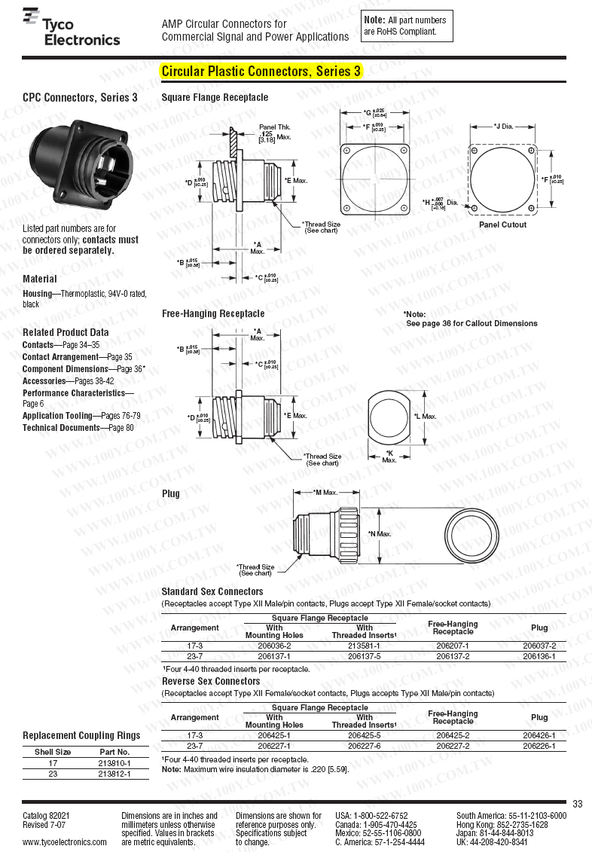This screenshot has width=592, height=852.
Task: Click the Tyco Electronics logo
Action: click(x=71, y=29)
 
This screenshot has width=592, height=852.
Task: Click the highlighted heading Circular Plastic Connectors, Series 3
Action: click(x=261, y=72)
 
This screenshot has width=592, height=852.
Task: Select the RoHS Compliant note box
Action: click(x=407, y=26)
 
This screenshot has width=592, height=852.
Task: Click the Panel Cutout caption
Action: click(x=502, y=224)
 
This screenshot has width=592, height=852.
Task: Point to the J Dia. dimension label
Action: click(x=503, y=126)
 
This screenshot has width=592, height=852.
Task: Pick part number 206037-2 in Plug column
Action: click(x=539, y=646)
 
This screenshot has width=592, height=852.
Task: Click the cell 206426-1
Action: click(x=539, y=735)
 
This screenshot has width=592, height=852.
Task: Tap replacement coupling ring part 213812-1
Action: click(x=114, y=774)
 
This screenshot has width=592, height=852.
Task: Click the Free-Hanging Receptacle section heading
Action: click(x=213, y=313)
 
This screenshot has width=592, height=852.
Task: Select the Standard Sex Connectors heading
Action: click(x=212, y=591)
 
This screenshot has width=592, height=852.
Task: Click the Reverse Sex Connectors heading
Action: click(x=211, y=681)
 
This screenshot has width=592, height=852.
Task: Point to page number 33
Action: click(x=578, y=804)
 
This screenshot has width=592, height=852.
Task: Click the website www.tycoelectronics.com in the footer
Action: click(x=64, y=842)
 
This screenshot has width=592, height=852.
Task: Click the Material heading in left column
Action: click(x=40, y=279)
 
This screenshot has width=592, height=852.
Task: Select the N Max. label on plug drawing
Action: click(x=380, y=534)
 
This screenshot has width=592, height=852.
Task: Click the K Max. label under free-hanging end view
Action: click(x=389, y=456)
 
